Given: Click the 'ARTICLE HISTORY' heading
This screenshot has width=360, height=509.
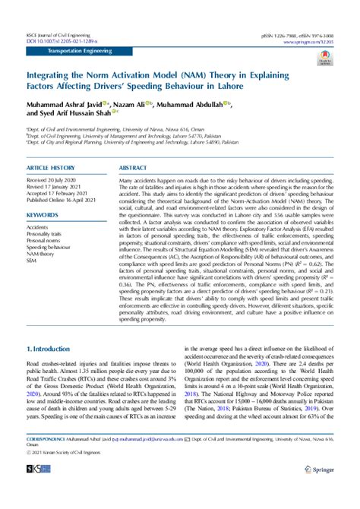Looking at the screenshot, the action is [x=50, y=167].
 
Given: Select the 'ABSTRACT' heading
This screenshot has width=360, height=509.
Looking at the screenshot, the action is [x=134, y=167].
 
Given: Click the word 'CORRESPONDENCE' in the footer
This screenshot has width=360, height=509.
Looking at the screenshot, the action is [x=43, y=460].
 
